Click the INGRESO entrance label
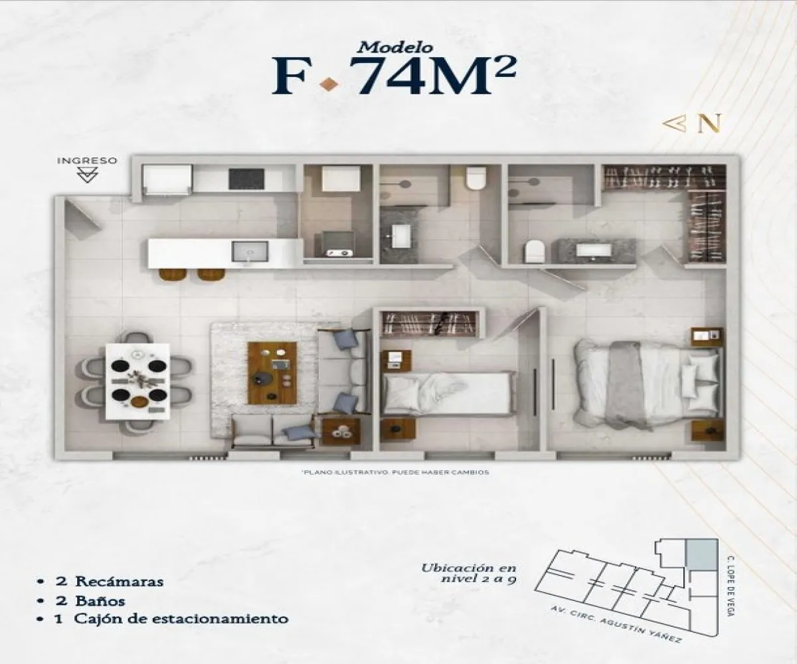pos(87,161)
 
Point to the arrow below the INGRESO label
pos(88,175)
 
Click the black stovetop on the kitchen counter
pos(246,178)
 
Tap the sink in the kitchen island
pos(249,252)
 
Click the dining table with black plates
pos(138,381)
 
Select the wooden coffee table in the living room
pos(272,373)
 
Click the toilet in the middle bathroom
pos(476,178)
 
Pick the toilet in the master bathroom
pos(534,252)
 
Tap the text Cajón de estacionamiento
pos(181,619)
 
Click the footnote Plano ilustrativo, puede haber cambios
pos(395,472)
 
